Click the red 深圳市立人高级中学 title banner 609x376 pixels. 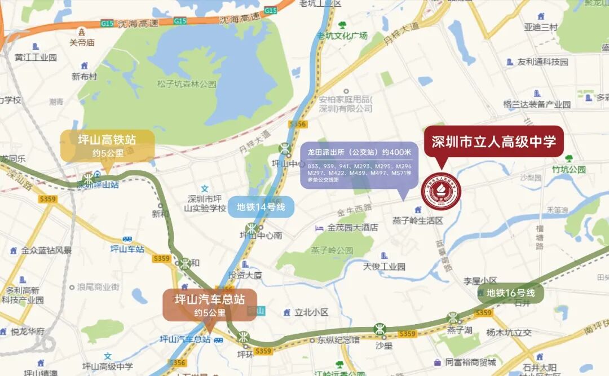(493, 141)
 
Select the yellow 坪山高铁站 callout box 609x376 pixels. (107, 145)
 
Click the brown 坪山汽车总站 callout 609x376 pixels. (210, 305)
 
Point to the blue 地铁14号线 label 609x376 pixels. (261, 207)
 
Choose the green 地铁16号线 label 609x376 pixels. (510, 293)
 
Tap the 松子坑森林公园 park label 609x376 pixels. (187, 84)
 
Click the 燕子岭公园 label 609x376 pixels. (332, 250)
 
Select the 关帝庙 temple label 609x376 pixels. (82, 42)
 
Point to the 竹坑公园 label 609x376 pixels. (569, 169)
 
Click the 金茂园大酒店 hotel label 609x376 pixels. (352, 228)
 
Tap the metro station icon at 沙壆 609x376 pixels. (381, 329)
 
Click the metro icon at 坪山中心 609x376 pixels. (285, 149)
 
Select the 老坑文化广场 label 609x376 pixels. (342, 36)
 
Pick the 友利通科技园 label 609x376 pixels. (542, 61)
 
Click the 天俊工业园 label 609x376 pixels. (384, 267)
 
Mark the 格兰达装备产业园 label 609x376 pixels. (537, 104)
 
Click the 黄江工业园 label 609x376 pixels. (36, 57)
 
